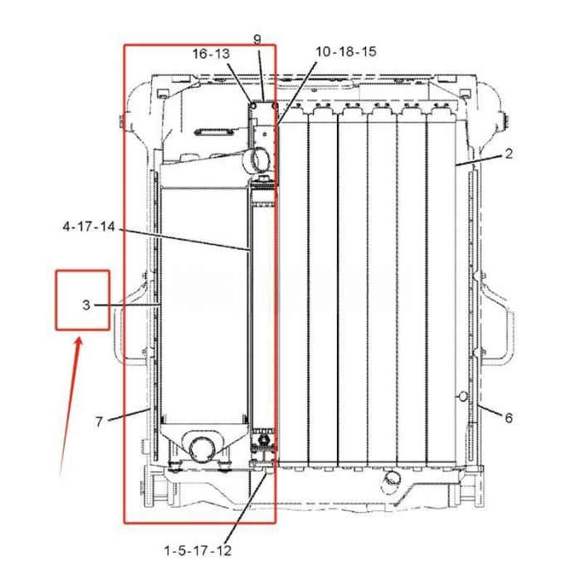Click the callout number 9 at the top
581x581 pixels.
point(257,39)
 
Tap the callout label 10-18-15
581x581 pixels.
point(346,51)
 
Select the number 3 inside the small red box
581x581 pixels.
point(85,305)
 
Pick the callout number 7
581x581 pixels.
point(99,422)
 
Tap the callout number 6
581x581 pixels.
point(508,417)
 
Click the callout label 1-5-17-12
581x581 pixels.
point(198,550)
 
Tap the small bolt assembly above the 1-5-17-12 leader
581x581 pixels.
point(263,438)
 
